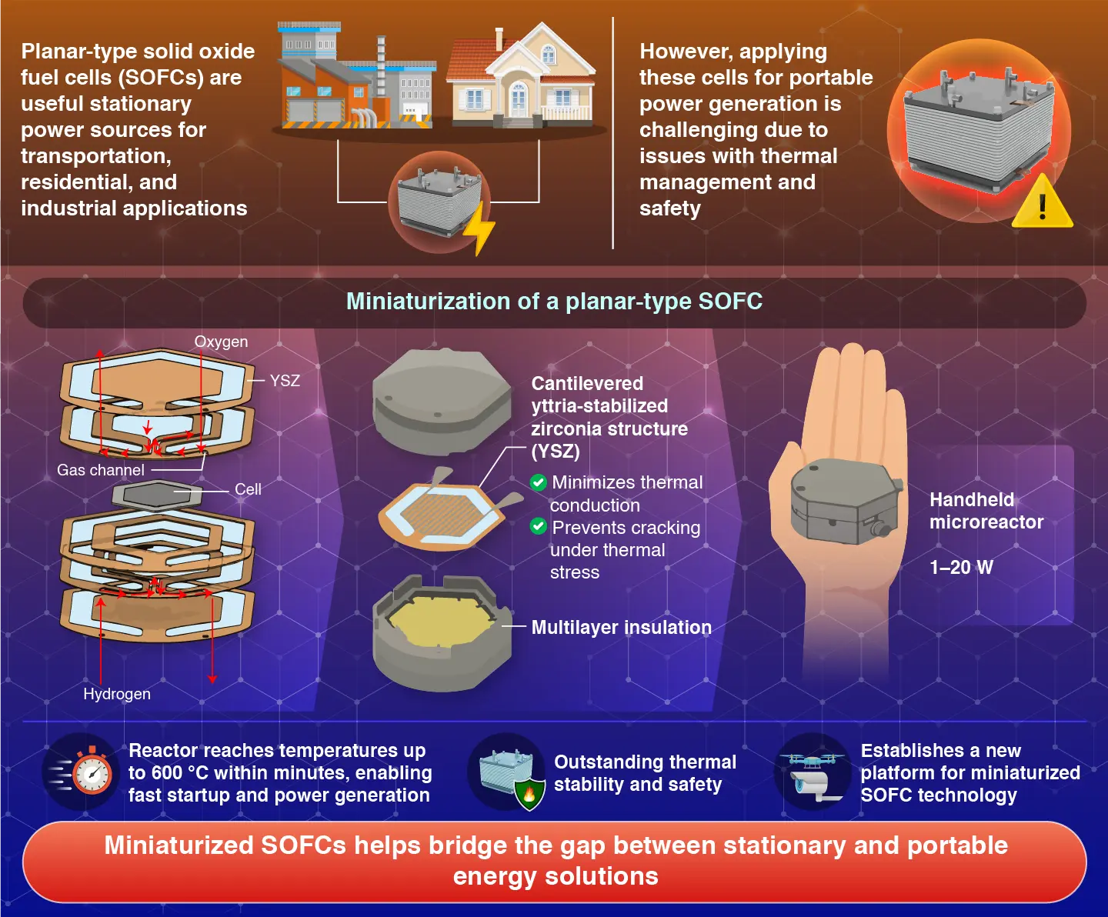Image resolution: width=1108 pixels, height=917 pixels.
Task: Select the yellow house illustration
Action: (522, 78)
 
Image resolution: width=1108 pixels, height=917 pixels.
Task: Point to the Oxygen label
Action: (221, 342)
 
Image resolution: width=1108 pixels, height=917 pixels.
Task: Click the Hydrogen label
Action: (117, 694)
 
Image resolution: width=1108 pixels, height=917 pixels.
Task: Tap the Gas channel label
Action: (101, 470)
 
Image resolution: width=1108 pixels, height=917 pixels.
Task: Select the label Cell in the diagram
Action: (248, 489)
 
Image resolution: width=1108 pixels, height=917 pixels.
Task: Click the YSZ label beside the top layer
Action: (285, 380)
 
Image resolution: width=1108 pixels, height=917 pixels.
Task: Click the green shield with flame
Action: (529, 793)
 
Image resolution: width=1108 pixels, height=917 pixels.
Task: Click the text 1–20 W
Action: (961, 568)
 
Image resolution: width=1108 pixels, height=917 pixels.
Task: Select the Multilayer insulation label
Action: (621, 628)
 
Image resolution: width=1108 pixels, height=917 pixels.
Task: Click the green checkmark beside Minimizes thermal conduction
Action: (539, 482)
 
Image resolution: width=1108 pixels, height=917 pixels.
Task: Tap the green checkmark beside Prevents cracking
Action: (539, 527)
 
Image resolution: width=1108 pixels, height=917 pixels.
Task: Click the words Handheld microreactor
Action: (986, 511)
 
